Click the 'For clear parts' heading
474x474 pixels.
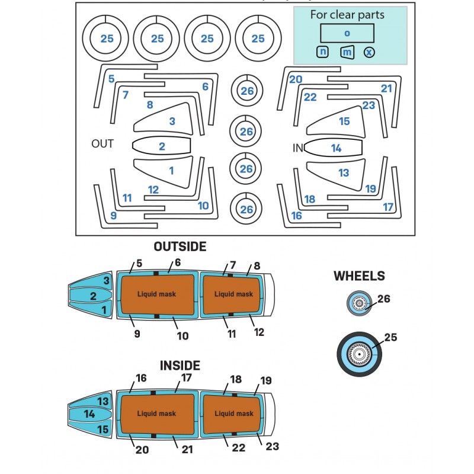pyautogui.click(x=347, y=15)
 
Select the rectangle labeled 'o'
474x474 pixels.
pyautogui.click(x=347, y=33)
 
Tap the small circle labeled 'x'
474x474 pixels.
pyautogui.click(x=369, y=52)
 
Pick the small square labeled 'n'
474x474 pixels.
pyautogui.click(x=323, y=52)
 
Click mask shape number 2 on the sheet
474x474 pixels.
pyautogui.click(x=161, y=146)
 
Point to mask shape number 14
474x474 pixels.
pyautogui.click(x=335, y=148)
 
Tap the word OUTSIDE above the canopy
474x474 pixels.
pyautogui.click(x=180, y=246)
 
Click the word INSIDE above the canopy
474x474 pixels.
pyautogui.click(x=180, y=366)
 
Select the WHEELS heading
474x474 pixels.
pyautogui.click(x=359, y=276)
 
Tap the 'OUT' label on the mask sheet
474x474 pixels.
pyautogui.click(x=103, y=144)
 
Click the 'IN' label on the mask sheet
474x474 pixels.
pyautogui.click(x=298, y=148)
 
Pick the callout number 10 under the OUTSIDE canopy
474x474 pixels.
pyautogui.click(x=182, y=336)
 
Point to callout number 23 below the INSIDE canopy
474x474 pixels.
pyautogui.click(x=272, y=446)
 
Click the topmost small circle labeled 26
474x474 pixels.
pyautogui.click(x=246, y=91)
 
